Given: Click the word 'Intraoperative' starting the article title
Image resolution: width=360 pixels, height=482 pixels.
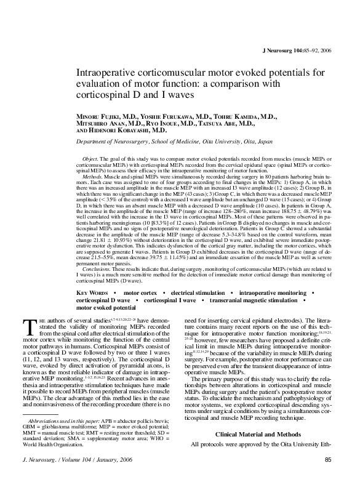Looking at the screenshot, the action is point(106,73).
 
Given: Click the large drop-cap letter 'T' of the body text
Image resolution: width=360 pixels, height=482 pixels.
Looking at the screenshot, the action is point(28,324).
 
